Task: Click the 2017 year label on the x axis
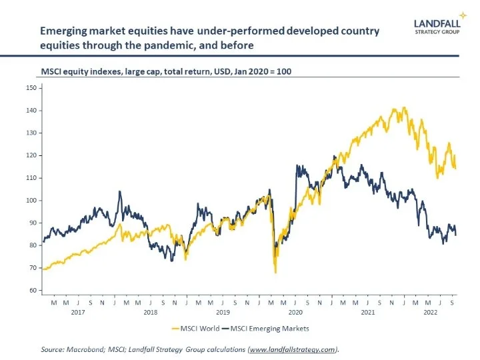point(78,311)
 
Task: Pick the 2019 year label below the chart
point(223,311)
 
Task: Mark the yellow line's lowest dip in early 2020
point(275,272)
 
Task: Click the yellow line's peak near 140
point(402,108)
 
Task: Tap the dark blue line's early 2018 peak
point(120,192)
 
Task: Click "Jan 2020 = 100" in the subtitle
point(265,70)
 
